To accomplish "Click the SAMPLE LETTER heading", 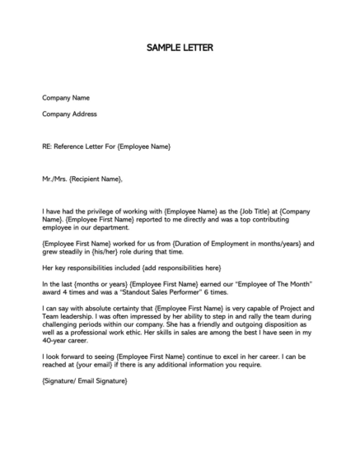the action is point(180,48).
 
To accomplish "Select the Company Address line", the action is point(69,114).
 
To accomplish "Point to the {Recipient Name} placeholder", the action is point(96,179).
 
